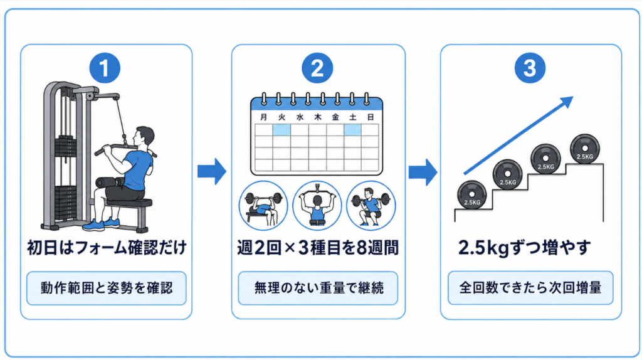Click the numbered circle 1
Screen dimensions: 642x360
click(105, 68)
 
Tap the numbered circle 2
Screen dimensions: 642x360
click(317, 68)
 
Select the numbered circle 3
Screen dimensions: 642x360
click(530, 68)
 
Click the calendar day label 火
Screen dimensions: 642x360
click(282, 117)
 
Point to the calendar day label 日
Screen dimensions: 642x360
click(371, 117)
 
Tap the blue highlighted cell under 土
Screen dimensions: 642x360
click(352, 130)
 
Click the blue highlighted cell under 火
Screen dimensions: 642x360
click(282, 130)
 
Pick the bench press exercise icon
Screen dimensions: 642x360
click(263, 206)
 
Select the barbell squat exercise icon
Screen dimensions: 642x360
click(371, 206)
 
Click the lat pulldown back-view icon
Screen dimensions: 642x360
click(317, 206)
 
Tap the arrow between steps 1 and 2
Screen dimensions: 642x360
click(212, 172)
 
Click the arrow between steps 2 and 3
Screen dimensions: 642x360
click(423, 172)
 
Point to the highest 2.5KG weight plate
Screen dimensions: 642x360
click(585, 149)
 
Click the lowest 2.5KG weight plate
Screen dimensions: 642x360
click(471, 195)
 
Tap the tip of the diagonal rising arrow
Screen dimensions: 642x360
click(573, 97)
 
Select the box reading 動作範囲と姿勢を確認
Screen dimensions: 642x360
click(107, 288)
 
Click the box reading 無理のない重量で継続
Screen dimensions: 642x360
click(318, 288)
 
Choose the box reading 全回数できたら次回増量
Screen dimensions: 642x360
click(530, 287)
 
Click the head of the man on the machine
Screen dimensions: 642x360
click(145, 137)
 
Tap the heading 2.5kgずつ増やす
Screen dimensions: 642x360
click(525, 247)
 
